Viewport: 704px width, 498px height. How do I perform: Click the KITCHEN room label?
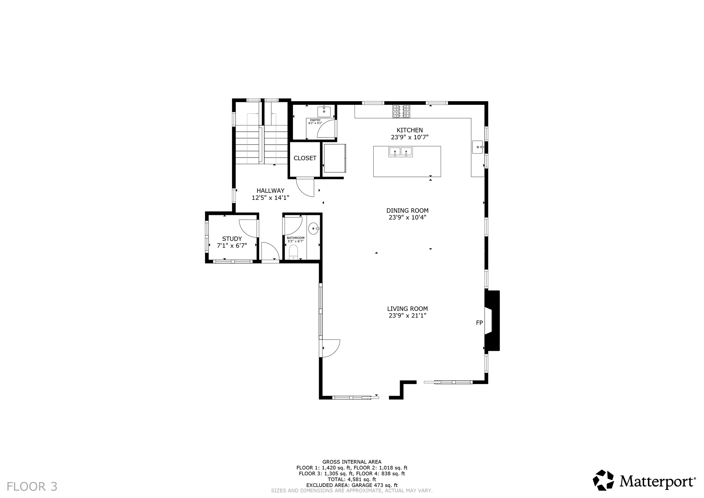[410, 130]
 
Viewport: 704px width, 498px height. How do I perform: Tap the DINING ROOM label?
[407, 210]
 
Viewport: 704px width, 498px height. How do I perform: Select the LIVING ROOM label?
[407, 309]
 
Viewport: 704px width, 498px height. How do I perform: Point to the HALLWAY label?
[270, 191]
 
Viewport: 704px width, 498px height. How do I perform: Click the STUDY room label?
[232, 239]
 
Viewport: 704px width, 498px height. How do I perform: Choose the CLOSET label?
[305, 158]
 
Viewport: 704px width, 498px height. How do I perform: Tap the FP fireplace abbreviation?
[479, 323]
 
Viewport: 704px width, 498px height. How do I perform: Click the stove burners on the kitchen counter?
[401, 111]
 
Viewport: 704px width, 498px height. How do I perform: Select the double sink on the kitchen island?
[400, 151]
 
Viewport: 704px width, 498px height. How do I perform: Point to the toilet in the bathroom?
[293, 252]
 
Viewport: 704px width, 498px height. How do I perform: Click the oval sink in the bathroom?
[314, 229]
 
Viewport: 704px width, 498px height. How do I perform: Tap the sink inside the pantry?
[324, 111]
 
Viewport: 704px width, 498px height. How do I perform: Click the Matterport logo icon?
[603, 480]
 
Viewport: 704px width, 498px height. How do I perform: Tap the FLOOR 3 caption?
[32, 487]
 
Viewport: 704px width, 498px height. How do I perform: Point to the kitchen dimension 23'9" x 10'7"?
[410, 137]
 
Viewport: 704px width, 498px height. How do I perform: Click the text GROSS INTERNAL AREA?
[352, 462]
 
